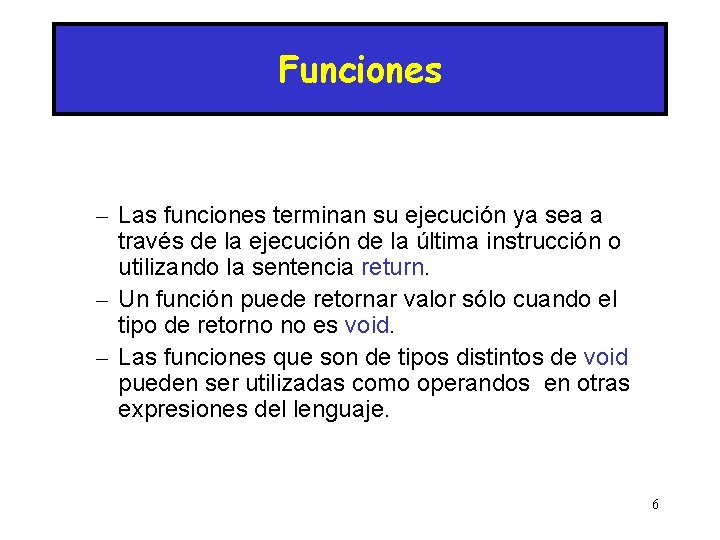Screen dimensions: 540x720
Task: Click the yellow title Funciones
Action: tap(360, 71)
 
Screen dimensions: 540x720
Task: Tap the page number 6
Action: tap(655, 504)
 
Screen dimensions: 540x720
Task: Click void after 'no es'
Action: tap(368, 326)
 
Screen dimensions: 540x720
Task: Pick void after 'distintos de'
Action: tap(605, 357)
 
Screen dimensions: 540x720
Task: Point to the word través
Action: tap(147, 242)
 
